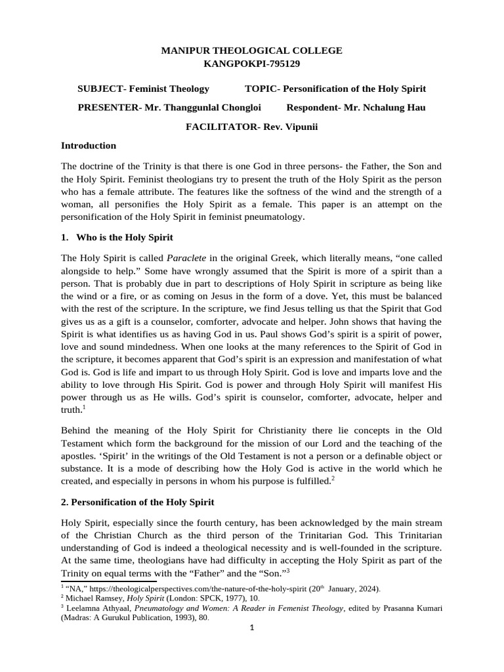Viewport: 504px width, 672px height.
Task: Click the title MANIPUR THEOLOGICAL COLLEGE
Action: [x=251, y=51]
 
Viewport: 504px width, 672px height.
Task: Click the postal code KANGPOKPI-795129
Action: [x=251, y=64]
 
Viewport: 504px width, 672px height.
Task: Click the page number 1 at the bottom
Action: [x=251, y=628]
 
